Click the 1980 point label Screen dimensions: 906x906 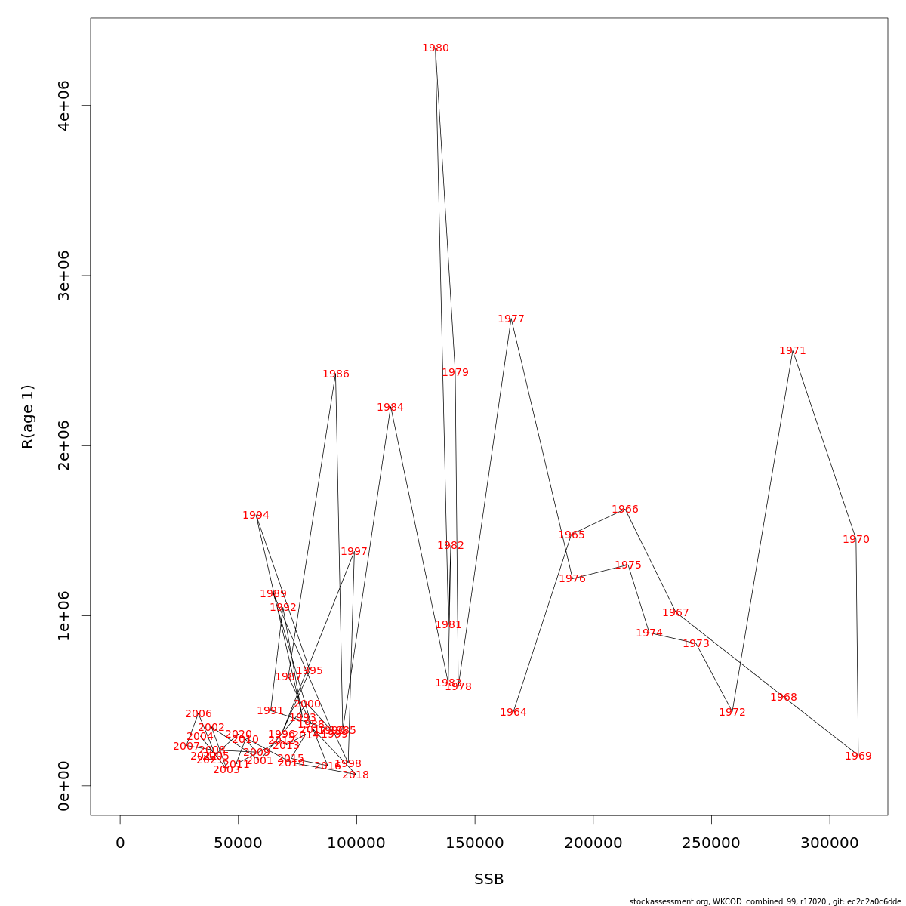tap(436, 48)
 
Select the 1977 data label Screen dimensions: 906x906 tap(511, 319)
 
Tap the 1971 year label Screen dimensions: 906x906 tap(793, 351)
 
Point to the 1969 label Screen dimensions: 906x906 tap(858, 757)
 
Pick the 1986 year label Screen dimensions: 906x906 tap(336, 374)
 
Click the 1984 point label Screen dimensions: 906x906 tap(390, 408)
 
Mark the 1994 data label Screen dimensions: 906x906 tap(256, 516)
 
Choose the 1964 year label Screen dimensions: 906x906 tap(513, 713)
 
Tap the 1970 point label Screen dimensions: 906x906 tap(856, 540)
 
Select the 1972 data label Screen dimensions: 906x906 tap(732, 713)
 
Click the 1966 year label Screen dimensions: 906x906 tap(625, 510)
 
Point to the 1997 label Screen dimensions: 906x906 tap(354, 552)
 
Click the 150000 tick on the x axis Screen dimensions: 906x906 tap(475, 843)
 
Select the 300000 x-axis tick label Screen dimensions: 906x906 tap(830, 843)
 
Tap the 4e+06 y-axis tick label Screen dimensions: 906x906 tap(65, 106)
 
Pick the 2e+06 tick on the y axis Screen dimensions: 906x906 tap(65, 445)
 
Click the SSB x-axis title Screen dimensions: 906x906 tap(489, 880)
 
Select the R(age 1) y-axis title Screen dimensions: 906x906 tap(28, 417)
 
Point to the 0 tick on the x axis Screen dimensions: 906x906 tap(120, 843)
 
